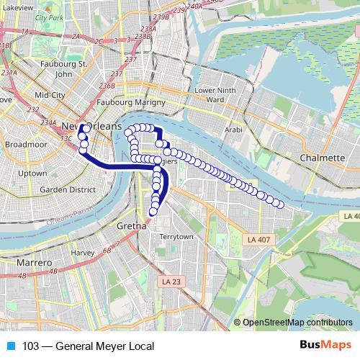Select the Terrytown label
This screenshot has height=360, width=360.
point(177,236)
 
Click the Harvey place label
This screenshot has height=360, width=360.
point(83,253)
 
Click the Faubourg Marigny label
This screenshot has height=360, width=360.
point(152,102)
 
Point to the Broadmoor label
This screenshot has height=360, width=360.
point(26,144)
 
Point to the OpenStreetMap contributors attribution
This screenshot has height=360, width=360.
point(297,323)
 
